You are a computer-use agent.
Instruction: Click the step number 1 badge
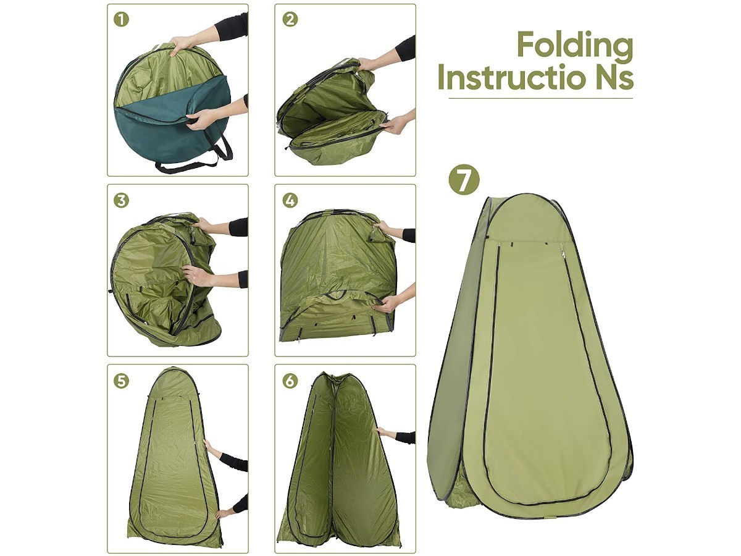pos(122,19)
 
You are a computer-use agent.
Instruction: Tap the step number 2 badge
pos(290,19)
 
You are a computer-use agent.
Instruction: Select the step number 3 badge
pos(122,200)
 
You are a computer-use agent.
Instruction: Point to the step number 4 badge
pos(290,200)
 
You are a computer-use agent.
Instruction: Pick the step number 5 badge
pos(122,380)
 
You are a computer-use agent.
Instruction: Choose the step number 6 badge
pos(290,380)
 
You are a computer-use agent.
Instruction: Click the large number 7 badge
pos(464,179)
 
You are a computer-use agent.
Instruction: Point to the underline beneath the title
pos(540,98)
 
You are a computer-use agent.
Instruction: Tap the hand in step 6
pos(385,432)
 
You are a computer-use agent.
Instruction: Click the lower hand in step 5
pos(225,512)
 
